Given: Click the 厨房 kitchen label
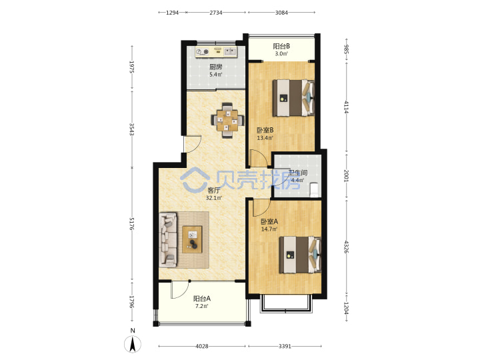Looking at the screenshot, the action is click(x=215, y=67).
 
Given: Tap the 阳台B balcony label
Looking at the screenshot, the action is click(x=281, y=46).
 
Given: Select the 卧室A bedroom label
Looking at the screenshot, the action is click(x=269, y=221).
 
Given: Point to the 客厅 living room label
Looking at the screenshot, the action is click(x=214, y=190).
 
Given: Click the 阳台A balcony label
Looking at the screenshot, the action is click(x=202, y=298).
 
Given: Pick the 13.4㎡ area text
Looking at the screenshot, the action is click(x=265, y=138).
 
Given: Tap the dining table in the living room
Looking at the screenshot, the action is click(x=227, y=120).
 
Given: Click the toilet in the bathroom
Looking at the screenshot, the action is click(x=315, y=190).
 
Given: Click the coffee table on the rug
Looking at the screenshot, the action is click(x=192, y=239).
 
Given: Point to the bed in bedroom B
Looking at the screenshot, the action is click(x=293, y=98).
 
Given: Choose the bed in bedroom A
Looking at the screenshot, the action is click(x=300, y=255).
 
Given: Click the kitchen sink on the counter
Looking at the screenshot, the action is click(x=230, y=51).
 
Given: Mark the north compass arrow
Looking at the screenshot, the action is click(x=133, y=344).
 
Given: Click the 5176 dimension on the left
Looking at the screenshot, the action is click(x=131, y=224).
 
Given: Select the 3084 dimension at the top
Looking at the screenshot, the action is click(x=281, y=13).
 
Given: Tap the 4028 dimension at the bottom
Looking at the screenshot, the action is click(x=202, y=346).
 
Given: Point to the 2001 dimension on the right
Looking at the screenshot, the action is click(x=346, y=176).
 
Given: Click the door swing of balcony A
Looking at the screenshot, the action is click(x=180, y=290).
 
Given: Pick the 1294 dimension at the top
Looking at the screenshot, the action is click(x=173, y=13).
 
